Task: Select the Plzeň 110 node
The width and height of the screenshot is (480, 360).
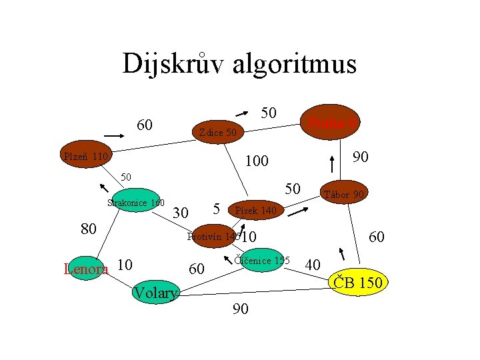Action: (85, 157)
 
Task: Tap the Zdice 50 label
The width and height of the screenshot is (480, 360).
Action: (218, 133)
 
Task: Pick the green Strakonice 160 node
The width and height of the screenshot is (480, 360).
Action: (136, 202)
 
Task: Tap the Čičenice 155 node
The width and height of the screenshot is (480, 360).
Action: (262, 261)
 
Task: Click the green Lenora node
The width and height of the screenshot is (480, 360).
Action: (85, 269)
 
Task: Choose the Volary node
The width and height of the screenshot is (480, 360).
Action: (155, 292)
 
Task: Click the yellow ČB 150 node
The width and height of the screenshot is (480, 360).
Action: (358, 283)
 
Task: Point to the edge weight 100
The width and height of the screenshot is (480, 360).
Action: (257, 161)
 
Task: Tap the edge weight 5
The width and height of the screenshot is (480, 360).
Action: (217, 208)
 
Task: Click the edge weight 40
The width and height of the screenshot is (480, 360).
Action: (313, 265)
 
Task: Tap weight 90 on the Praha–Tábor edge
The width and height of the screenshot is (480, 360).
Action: (361, 157)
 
